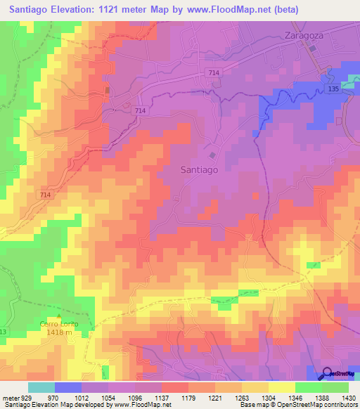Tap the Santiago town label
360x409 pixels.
(x=199, y=169)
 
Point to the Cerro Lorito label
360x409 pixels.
(x=56, y=323)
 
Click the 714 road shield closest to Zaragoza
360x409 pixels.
(x=214, y=73)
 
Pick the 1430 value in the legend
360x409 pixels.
(x=348, y=397)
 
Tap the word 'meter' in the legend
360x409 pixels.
(x=10, y=397)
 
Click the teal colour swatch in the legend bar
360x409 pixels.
(x=41, y=387)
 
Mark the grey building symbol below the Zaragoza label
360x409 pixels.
(x=313, y=48)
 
